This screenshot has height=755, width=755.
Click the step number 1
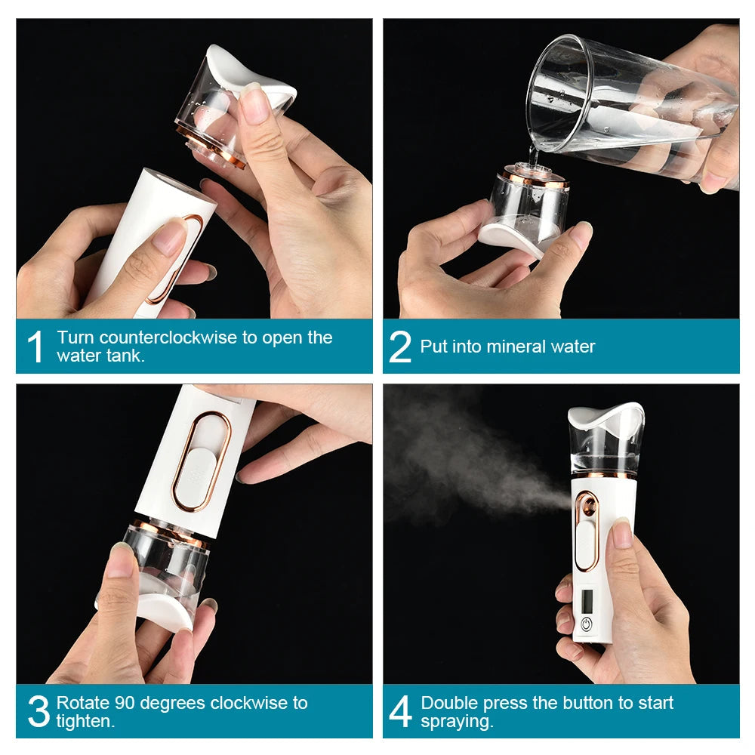click(36, 347)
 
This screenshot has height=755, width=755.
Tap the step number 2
click(400, 347)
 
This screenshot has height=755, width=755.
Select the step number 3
click(38, 712)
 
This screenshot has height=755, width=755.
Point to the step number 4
click(400, 712)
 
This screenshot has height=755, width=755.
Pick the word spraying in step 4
click(456, 721)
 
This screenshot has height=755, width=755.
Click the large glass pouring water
click(627, 106)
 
